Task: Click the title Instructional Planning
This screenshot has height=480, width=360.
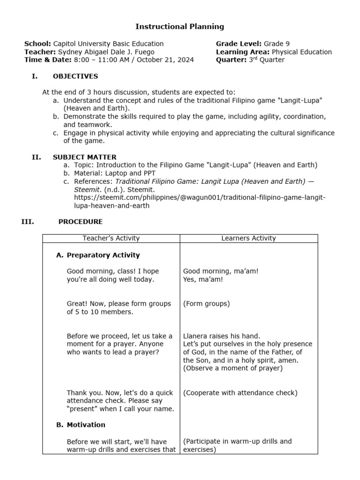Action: click(x=180, y=27)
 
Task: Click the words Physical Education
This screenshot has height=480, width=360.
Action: click(x=301, y=52)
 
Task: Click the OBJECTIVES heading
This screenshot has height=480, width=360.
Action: click(x=75, y=76)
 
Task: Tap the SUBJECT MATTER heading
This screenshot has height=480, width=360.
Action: click(x=84, y=157)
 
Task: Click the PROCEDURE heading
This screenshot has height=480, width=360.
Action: click(x=80, y=222)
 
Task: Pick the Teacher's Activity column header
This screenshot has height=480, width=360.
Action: click(x=111, y=238)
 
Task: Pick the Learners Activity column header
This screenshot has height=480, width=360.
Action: click(x=248, y=238)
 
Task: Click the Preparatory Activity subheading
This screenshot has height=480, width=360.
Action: click(x=103, y=255)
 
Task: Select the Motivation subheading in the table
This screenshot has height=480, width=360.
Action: click(x=86, y=425)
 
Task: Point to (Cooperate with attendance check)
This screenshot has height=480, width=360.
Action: click(x=240, y=393)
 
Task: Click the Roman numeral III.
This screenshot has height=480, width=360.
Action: click(x=28, y=222)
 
